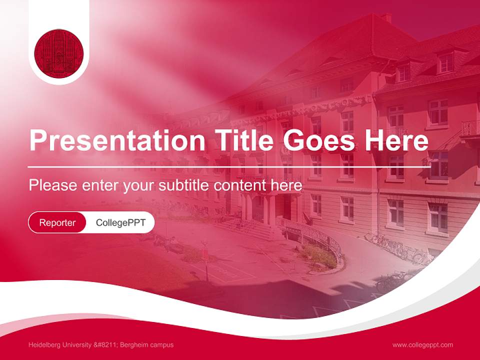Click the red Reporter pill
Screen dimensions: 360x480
click(x=57, y=222)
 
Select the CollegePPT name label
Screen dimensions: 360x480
click(x=120, y=222)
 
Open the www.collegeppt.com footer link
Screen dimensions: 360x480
click(x=422, y=345)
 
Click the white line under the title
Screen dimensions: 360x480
click(x=229, y=166)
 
